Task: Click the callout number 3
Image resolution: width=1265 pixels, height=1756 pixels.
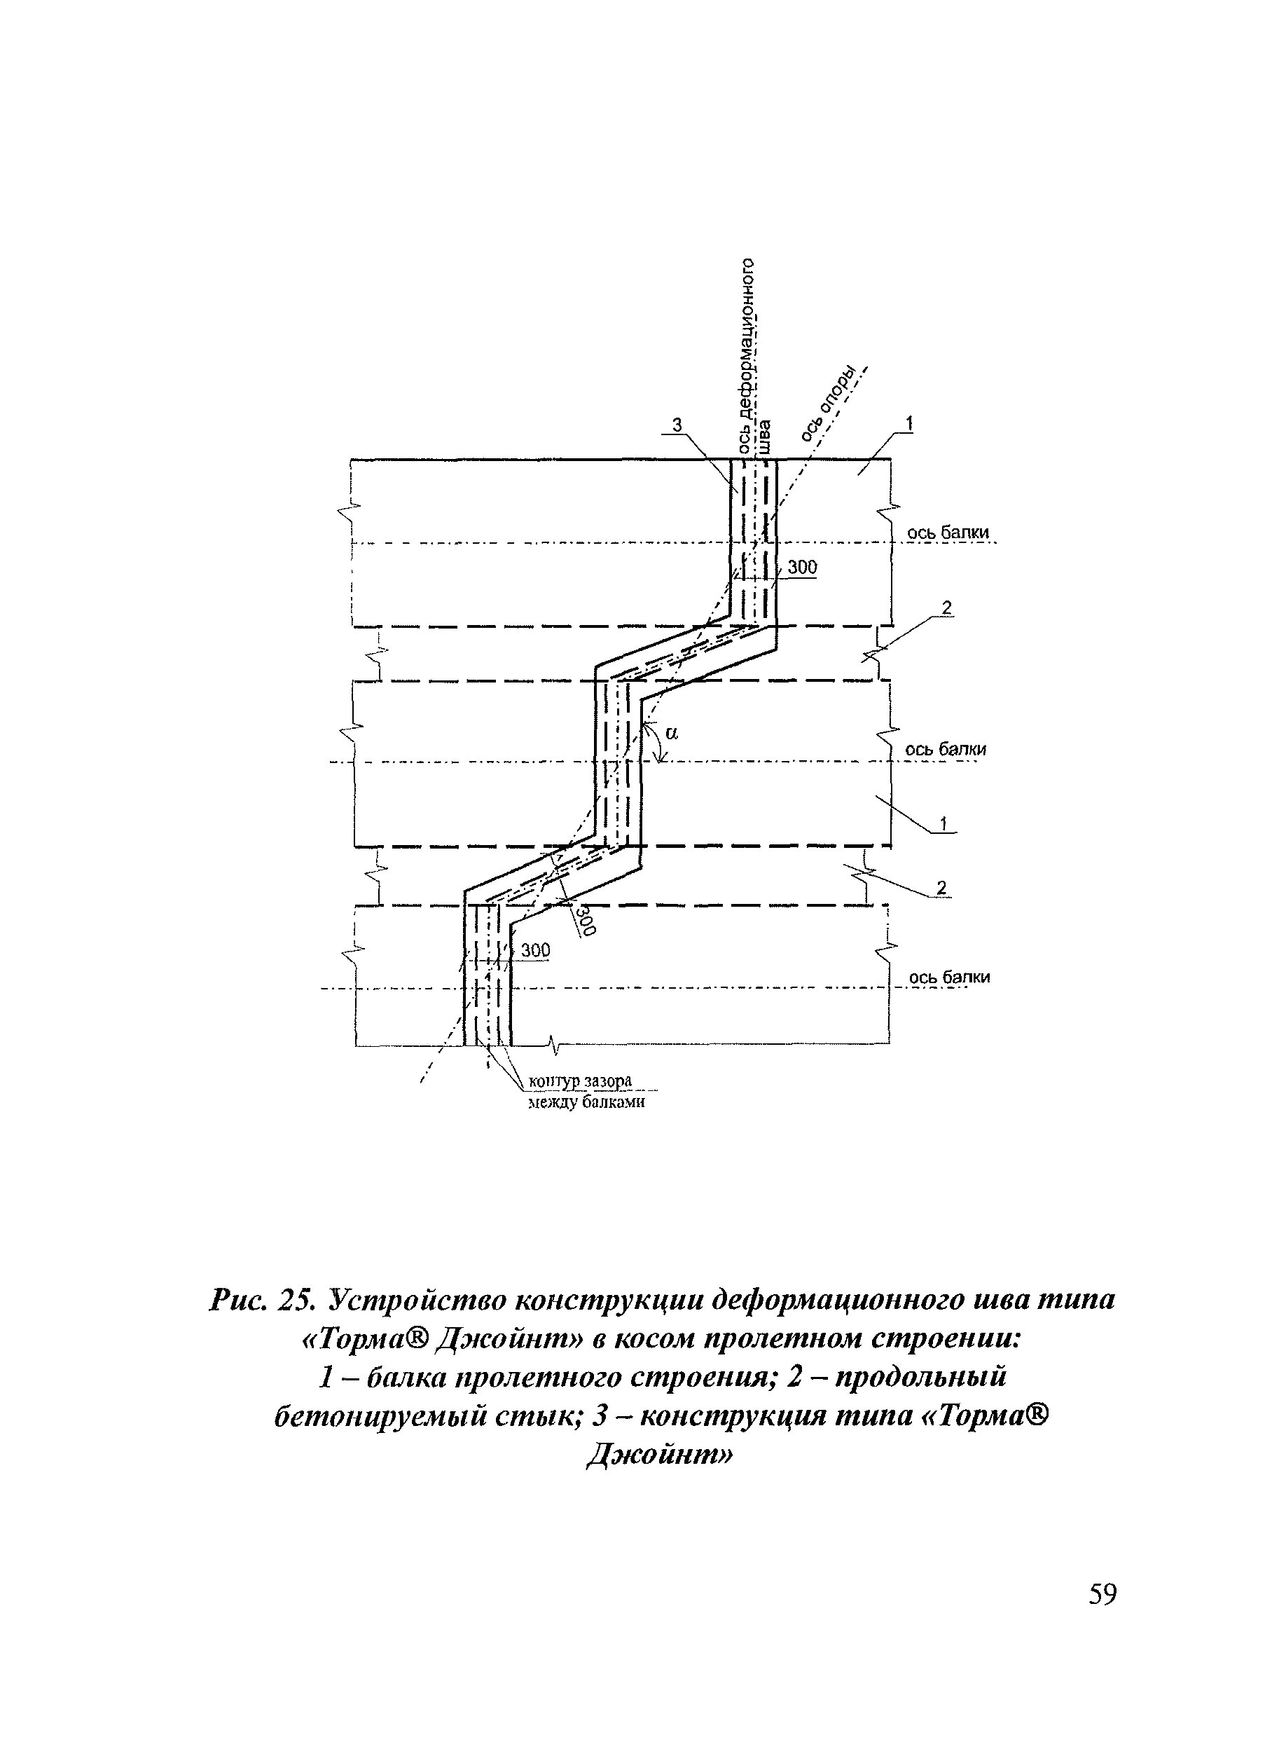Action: pos(677,425)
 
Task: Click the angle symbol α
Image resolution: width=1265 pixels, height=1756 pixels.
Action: pos(670,732)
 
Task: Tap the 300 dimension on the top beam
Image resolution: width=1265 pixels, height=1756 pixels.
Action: pos(802,568)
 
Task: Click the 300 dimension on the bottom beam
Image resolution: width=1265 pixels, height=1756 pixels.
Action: pos(534,950)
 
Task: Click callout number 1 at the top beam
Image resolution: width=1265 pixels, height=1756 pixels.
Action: pos(909,423)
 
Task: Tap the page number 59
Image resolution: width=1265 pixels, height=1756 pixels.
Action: pos(1102,1594)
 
